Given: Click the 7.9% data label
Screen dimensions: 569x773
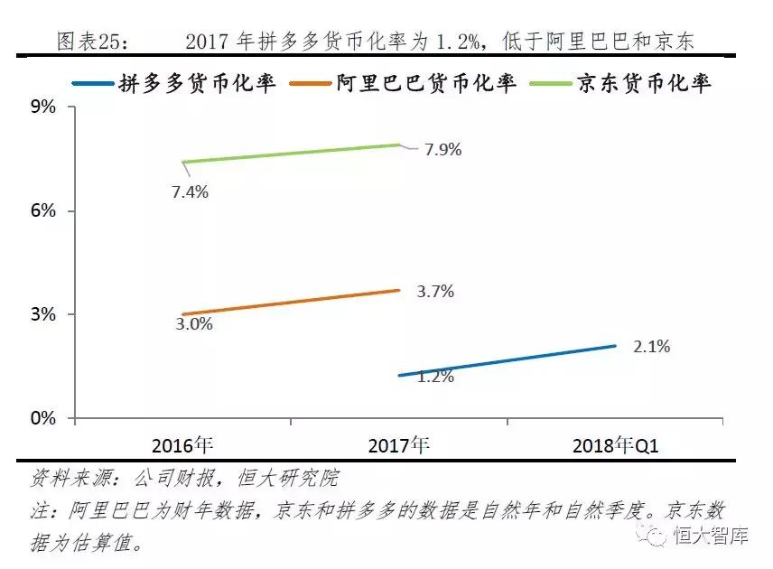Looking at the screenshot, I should tap(442, 150).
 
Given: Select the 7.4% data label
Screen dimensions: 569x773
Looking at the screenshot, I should tap(190, 191).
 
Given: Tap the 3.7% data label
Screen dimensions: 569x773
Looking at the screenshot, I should tap(435, 292).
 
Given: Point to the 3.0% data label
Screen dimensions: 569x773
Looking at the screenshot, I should tap(193, 323).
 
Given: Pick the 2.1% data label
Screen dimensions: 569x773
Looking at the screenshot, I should tap(651, 347).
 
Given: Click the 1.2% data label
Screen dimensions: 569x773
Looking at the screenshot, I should tap(435, 377).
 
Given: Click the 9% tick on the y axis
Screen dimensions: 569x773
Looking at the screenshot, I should tap(43, 107).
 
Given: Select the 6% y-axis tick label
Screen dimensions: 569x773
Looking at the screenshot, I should tap(43, 210).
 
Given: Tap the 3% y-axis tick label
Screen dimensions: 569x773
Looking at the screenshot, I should tap(43, 314).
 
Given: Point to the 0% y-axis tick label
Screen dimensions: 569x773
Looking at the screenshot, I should tap(43, 419).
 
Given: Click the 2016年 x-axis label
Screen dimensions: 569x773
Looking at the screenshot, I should tap(182, 445).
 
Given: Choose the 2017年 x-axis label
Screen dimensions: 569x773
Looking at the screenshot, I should tap(399, 445).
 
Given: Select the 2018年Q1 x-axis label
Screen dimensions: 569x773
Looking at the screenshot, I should tap(616, 445).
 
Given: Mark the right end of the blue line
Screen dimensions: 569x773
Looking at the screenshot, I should tap(615, 345).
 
